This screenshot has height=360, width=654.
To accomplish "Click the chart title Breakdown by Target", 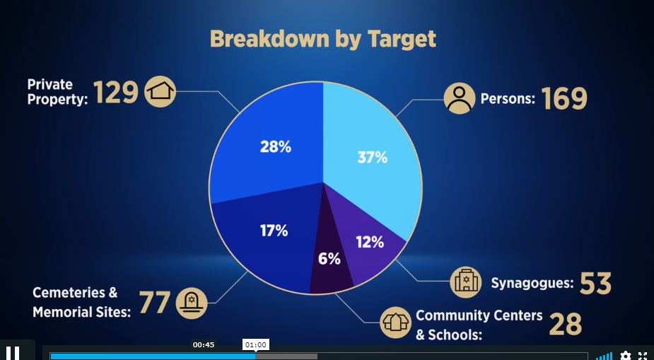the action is click(x=323, y=39).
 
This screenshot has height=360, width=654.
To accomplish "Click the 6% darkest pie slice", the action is click(x=329, y=263).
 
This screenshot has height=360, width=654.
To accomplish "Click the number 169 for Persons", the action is click(x=564, y=98).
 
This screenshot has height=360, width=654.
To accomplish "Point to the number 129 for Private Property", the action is click(x=115, y=92).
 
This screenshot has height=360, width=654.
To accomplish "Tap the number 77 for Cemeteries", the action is click(x=154, y=302).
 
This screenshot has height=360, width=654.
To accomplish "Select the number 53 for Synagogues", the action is click(x=595, y=283).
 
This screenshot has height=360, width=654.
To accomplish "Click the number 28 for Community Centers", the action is click(x=565, y=324).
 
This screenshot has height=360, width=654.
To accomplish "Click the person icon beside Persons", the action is click(x=460, y=98).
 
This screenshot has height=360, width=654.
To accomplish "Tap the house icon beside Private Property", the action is click(x=160, y=91).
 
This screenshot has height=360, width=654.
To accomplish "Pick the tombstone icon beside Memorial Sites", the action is click(x=192, y=303).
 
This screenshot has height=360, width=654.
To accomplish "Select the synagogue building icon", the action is click(x=466, y=282).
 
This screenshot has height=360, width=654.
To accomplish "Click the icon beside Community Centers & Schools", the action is click(x=395, y=323).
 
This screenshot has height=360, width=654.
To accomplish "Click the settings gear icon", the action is click(x=625, y=356).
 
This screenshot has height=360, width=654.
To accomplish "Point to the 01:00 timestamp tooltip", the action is click(x=256, y=344).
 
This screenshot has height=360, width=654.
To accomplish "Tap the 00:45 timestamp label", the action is click(x=204, y=344).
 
